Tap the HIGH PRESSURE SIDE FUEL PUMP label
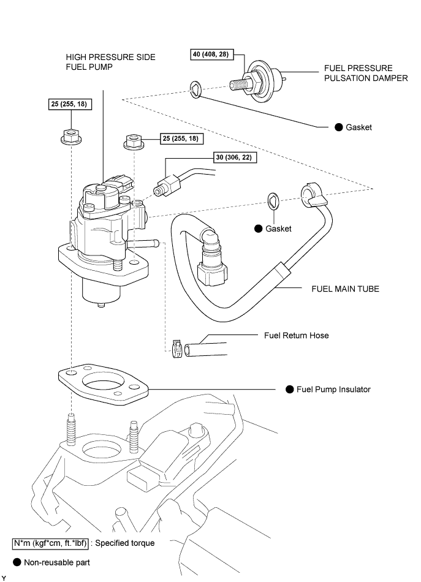click(111, 62)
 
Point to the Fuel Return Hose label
click(297, 336)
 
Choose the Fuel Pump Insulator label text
click(333, 390)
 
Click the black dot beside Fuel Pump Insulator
click(290, 390)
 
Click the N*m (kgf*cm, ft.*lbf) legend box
click(51, 543)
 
